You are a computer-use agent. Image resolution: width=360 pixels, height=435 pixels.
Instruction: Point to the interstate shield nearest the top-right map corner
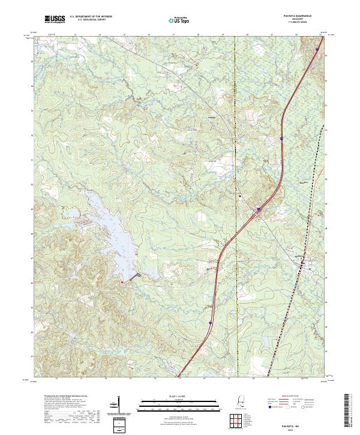pyautogui.click(x=317, y=49)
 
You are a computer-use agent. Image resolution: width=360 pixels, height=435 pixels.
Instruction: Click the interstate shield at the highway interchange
pyautogui.click(x=259, y=209)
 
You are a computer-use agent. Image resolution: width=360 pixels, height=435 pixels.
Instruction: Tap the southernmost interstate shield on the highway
pyautogui.click(x=211, y=323)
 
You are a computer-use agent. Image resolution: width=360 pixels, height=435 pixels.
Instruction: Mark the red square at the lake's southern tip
pyautogui.click(x=122, y=281)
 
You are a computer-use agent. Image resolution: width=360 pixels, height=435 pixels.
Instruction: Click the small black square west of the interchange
pyautogui.click(x=239, y=196)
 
